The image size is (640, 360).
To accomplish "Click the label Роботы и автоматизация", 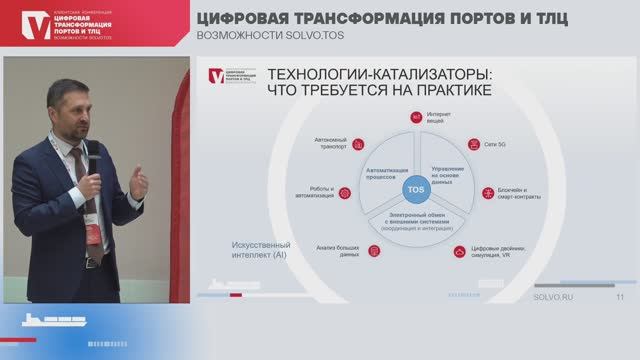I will click(x=316, y=192).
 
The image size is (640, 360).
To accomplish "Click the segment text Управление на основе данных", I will click(x=448, y=172).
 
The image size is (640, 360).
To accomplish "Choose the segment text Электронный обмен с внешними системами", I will click(x=414, y=221).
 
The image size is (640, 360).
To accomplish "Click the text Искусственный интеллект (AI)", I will click(x=261, y=248).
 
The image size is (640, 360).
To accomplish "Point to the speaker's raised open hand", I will click(x=138, y=182).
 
